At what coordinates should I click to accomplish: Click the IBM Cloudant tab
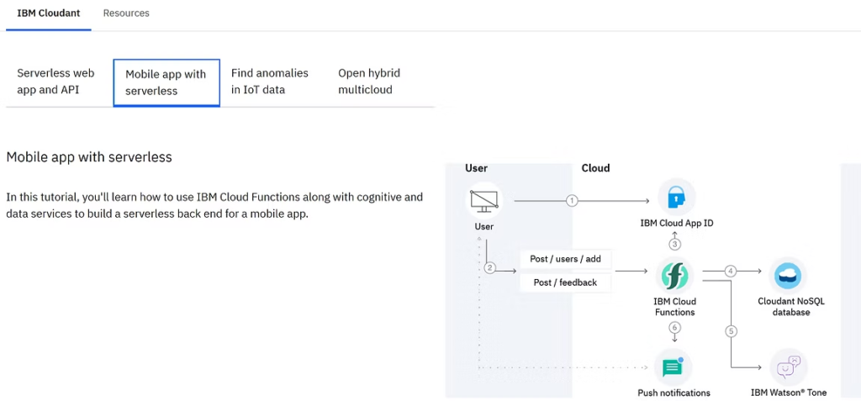coord(48,13)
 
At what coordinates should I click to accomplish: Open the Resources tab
coord(126,13)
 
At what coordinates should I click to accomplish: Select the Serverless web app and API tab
coord(55,82)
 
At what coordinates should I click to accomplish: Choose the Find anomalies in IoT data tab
coord(270,82)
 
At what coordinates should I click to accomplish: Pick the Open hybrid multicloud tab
coord(369,82)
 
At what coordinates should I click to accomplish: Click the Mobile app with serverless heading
coord(89,157)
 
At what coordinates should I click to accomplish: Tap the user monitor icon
coord(484,201)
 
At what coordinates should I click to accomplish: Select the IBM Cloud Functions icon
coord(674,276)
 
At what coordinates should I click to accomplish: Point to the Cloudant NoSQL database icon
coord(788,276)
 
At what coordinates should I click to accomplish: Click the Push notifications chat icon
coord(673,367)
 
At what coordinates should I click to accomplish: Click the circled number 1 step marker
coord(572,201)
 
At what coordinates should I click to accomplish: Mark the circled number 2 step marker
coord(490,268)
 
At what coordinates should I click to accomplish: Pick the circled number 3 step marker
coord(675,244)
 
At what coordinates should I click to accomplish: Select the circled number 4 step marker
coord(731,271)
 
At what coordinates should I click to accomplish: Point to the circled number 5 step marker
coord(731,331)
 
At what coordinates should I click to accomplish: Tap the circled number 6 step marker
coord(675,327)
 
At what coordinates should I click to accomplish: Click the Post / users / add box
coord(565,259)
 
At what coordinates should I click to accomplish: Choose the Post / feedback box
coord(565,283)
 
